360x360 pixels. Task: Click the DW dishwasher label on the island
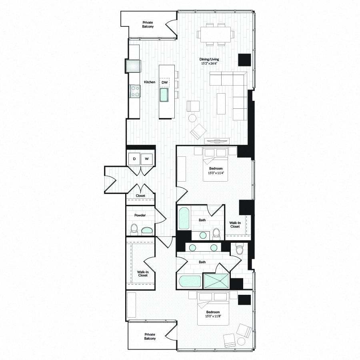coord(165,82)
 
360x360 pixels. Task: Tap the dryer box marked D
coord(134,159)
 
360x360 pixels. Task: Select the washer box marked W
coord(147,159)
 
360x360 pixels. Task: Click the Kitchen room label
coord(150,82)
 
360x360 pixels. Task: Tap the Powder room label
coord(140,215)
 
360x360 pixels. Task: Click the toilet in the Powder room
coord(134,230)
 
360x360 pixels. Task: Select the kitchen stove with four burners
coord(134,92)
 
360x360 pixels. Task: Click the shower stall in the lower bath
coord(216,280)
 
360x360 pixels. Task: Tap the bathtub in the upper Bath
coord(184,218)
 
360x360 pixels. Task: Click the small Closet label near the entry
coord(140,196)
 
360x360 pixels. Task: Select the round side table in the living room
coord(192,118)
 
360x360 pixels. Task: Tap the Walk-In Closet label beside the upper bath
coord(235,224)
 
